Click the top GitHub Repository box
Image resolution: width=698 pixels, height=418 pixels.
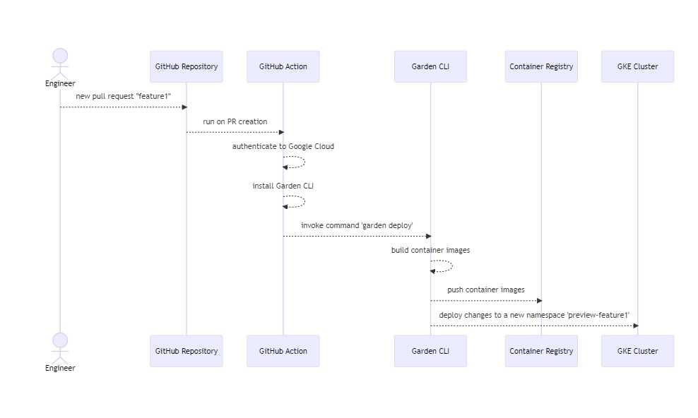click(186, 66)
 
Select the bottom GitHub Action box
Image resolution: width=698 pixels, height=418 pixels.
click(283, 351)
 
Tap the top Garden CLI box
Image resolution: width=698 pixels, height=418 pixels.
click(430, 66)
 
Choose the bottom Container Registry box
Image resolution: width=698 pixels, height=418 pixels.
click(541, 351)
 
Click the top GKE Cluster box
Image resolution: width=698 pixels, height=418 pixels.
click(637, 66)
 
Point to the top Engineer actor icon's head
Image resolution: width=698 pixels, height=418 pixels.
click(60, 56)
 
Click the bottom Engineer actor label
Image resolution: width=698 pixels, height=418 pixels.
click(60, 368)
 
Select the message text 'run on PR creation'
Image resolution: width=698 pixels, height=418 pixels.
click(235, 121)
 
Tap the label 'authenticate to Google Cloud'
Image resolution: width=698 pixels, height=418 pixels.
click(283, 146)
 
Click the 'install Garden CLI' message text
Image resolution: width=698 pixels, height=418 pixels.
click(283, 186)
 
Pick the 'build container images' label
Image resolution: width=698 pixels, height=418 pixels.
click(430, 250)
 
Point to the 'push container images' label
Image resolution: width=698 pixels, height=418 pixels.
click(485, 289)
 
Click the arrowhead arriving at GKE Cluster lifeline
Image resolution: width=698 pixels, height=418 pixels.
click(635, 326)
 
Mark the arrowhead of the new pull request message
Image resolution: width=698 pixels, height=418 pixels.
click(184, 107)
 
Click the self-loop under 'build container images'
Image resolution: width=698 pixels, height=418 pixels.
click(445, 265)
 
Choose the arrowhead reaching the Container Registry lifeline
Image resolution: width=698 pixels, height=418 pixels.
click(538, 301)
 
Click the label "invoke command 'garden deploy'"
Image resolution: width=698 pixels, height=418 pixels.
click(357, 225)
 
